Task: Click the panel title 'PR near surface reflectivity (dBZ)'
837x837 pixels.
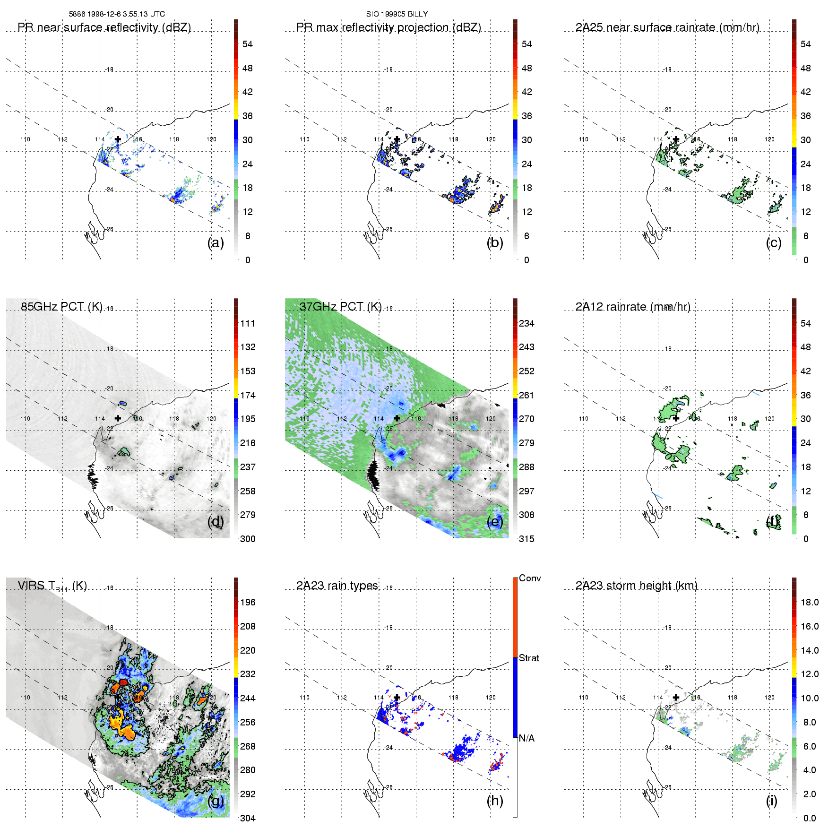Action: (x=104, y=27)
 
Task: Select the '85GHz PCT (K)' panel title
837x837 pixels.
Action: (x=61, y=307)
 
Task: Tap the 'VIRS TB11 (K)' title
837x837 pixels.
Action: (x=52, y=586)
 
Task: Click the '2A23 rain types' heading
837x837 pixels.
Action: (x=337, y=586)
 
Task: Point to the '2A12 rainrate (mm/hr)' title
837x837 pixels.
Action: (x=633, y=307)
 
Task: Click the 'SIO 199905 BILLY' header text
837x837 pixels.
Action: (x=397, y=14)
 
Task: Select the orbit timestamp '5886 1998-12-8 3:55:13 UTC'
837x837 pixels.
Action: (x=117, y=14)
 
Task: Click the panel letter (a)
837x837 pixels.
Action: (x=216, y=242)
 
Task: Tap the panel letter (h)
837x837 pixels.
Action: (x=495, y=801)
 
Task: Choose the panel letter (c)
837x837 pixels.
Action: (x=774, y=242)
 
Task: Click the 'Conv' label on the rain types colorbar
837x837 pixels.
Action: (x=530, y=578)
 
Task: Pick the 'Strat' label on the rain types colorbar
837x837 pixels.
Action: (x=529, y=658)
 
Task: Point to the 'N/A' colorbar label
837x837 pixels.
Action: (x=526, y=738)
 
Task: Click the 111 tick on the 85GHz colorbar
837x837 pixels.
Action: (x=248, y=324)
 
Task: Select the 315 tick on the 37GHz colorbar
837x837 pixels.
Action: (x=526, y=539)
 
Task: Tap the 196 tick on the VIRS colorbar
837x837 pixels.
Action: (x=248, y=603)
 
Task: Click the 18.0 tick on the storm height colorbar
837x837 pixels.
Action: (x=809, y=603)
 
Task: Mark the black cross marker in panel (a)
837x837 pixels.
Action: (x=118, y=139)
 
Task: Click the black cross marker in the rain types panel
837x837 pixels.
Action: (x=397, y=697)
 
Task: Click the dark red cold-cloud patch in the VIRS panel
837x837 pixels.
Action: (x=123, y=682)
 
